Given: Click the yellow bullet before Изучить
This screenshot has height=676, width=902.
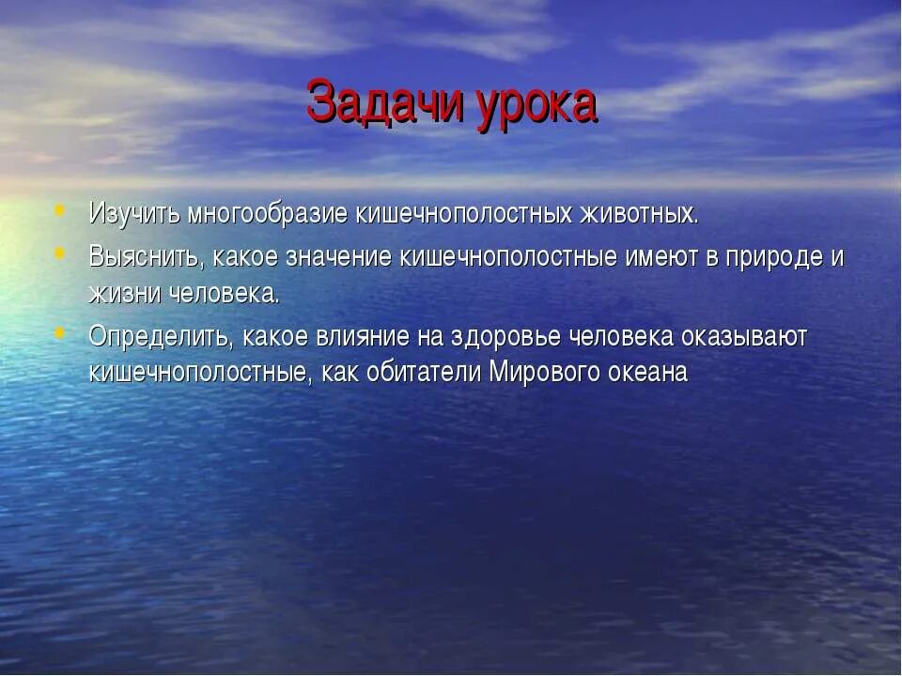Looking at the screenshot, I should point(61,210).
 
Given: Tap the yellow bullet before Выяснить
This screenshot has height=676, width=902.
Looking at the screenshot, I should point(61,253).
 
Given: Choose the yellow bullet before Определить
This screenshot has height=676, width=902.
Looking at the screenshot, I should point(61,333).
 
